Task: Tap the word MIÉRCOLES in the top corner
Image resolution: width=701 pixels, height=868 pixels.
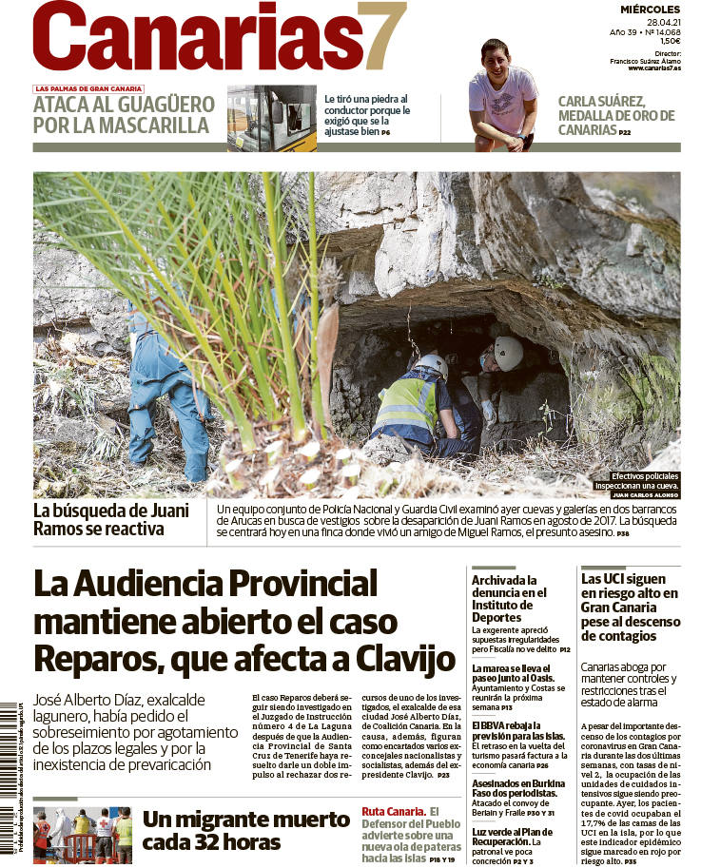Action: [x=651, y=9]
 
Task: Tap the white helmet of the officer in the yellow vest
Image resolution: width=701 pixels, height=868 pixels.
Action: [x=431, y=365]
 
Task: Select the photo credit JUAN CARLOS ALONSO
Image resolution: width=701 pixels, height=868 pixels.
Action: [x=645, y=495]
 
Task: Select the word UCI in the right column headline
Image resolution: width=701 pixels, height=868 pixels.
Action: [x=614, y=578]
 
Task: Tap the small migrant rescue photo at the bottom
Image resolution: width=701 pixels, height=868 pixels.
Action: [x=83, y=835]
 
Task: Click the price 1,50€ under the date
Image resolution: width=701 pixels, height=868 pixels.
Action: [x=669, y=42]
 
